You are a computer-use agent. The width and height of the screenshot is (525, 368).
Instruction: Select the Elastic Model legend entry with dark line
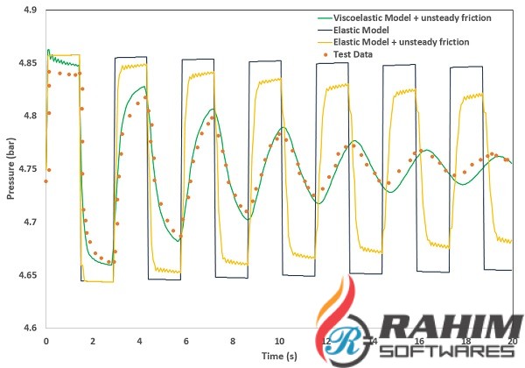[x=367, y=30]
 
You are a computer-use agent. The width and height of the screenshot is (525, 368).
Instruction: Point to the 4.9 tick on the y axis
[x=28, y=11]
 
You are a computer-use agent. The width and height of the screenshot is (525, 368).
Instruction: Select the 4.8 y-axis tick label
[x=28, y=116]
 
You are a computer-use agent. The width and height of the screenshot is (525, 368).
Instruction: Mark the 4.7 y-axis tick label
[x=28, y=222]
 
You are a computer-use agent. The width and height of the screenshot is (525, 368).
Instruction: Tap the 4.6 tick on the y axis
[x=28, y=328]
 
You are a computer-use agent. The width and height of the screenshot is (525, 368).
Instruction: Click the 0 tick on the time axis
[x=45, y=340]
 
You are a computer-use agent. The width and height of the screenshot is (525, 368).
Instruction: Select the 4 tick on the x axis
[x=139, y=340]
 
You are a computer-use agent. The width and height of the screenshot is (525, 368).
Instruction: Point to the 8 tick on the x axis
[x=232, y=340]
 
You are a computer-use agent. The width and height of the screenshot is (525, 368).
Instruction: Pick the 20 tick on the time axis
[x=512, y=340]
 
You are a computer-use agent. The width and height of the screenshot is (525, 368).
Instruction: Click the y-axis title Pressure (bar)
[x=11, y=168]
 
